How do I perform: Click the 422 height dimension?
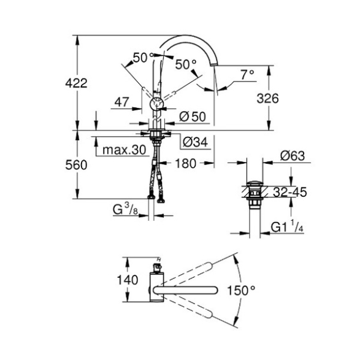(x=76, y=83)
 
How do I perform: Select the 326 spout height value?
(x=267, y=99)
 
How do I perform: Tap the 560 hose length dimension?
(x=76, y=165)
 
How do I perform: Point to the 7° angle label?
(x=247, y=75)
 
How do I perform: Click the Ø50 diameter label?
(x=193, y=117)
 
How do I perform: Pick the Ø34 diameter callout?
(x=195, y=142)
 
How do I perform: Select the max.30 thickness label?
(x=124, y=150)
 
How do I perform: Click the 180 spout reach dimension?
(x=185, y=164)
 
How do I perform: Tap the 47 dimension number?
(x=121, y=102)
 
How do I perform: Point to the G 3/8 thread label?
(x=125, y=210)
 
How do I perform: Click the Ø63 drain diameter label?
(x=293, y=156)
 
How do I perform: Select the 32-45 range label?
(x=290, y=192)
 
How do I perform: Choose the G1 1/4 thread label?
(x=287, y=226)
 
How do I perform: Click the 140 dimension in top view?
(x=128, y=280)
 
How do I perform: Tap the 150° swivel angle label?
(x=241, y=291)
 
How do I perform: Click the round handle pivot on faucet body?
(x=156, y=104)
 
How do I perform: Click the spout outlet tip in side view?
(x=214, y=64)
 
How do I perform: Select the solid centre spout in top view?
(x=185, y=290)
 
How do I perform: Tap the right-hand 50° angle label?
(x=186, y=64)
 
